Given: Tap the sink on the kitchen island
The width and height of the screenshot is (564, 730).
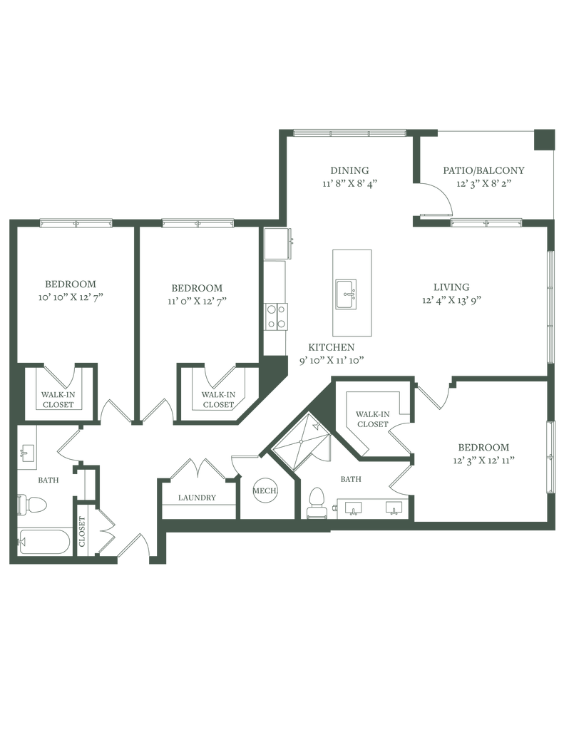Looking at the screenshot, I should tap(347, 292).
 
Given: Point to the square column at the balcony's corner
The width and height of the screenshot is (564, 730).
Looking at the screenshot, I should tap(545, 139).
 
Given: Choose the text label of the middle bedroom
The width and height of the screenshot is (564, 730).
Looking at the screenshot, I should tap(197, 292).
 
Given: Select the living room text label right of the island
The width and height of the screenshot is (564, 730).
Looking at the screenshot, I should tap(451, 292).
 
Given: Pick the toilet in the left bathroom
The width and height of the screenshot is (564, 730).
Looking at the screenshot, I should tap(34, 505).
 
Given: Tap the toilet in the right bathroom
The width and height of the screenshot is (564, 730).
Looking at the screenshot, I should tap(315, 502).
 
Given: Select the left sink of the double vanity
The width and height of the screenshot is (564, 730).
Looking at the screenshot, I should tap(353, 508).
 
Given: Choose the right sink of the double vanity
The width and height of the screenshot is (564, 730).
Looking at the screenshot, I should tap(393, 508).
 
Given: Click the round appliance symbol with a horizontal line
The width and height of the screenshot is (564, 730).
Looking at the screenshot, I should tap(265, 491).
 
